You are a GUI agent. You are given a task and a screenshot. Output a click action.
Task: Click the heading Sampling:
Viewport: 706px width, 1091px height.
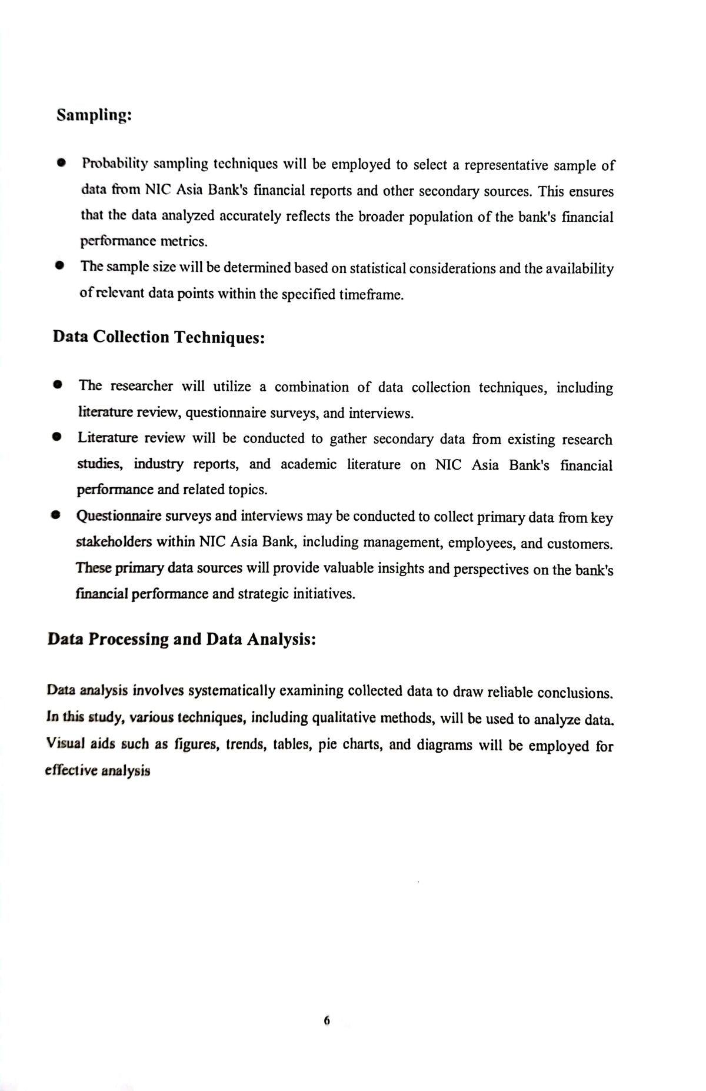click(x=94, y=115)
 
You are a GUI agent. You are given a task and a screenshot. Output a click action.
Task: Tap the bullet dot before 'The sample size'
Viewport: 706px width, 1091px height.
click(x=59, y=266)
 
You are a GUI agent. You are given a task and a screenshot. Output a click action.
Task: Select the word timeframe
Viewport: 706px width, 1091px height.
click(x=371, y=295)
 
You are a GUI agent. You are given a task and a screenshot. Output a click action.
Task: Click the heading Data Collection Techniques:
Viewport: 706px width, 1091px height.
click(x=159, y=337)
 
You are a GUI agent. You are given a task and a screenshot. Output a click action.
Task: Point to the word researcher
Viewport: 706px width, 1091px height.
click(x=142, y=386)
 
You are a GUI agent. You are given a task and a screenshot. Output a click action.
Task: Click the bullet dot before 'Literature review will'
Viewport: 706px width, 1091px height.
click(x=56, y=437)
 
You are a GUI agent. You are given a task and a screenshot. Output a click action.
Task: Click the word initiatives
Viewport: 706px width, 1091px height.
click(x=326, y=594)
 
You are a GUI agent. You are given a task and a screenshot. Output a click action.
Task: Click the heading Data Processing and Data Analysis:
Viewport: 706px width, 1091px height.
click(x=182, y=639)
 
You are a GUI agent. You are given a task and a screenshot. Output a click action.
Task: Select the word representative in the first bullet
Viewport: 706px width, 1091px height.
click(x=506, y=165)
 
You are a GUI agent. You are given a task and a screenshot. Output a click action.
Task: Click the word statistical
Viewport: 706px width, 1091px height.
click(x=378, y=269)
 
